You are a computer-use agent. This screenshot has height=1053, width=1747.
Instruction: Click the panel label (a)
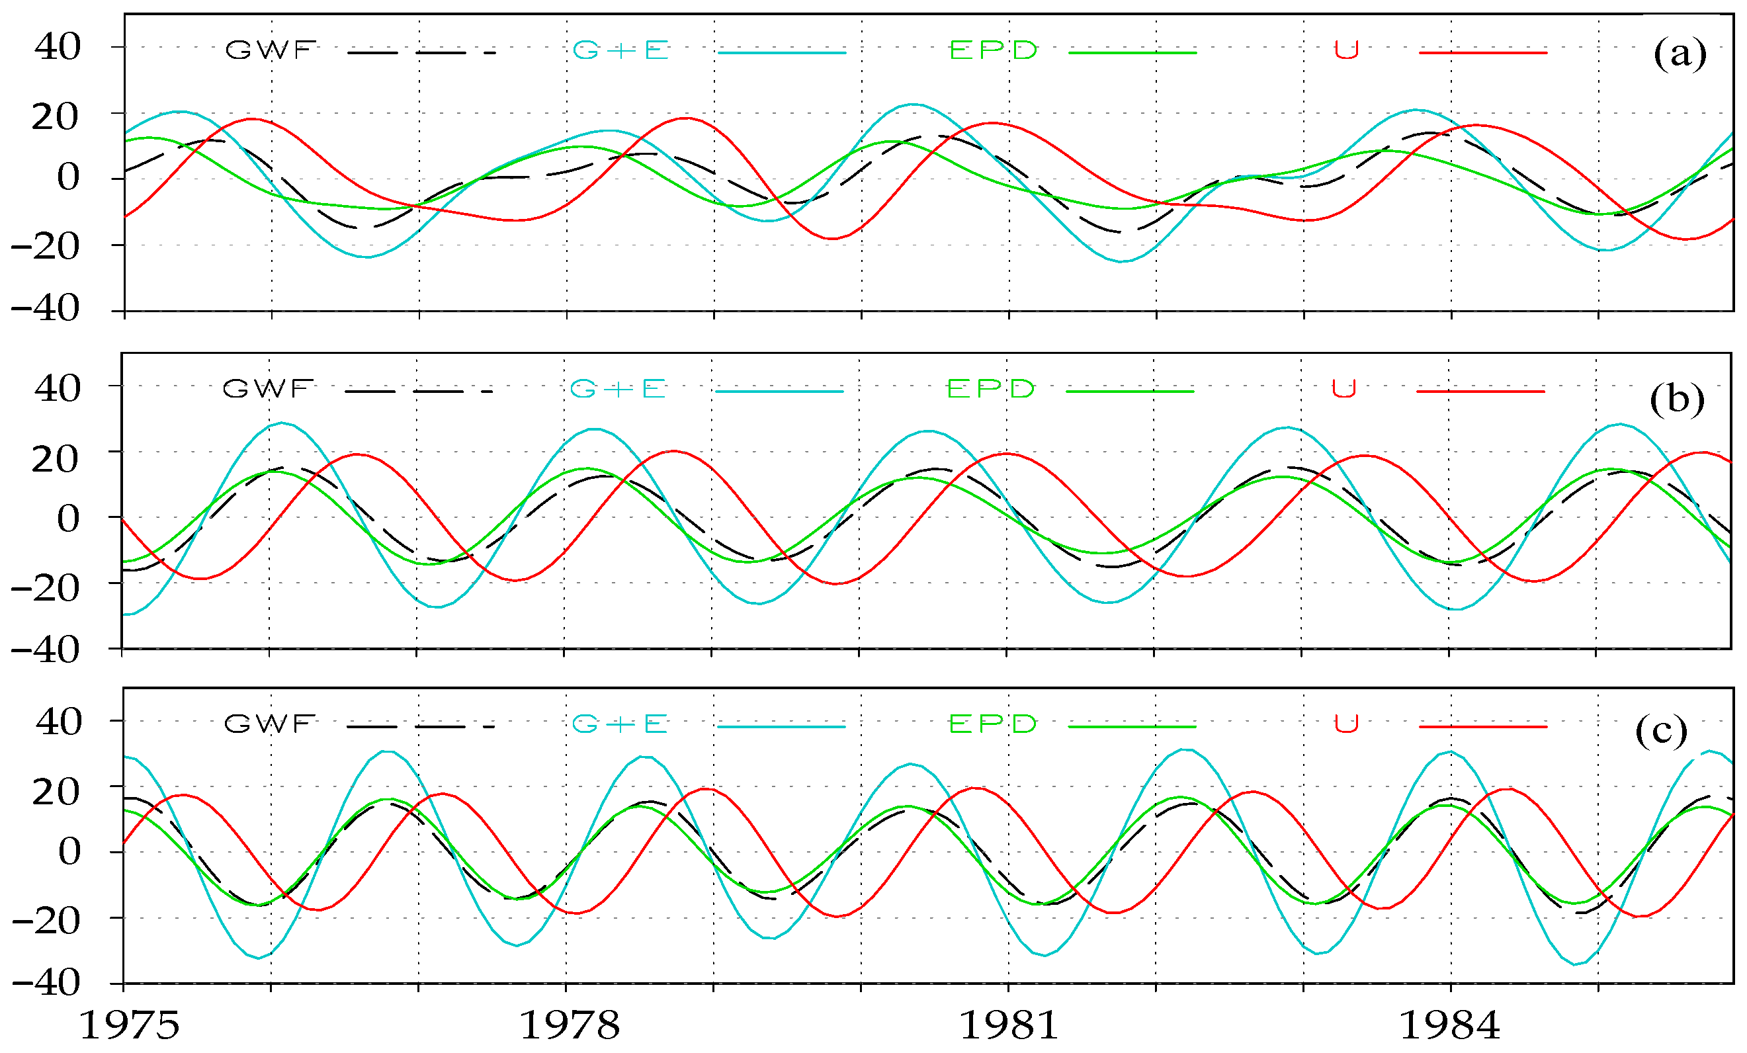click(1680, 54)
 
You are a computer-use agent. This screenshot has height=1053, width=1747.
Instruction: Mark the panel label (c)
click(1661, 730)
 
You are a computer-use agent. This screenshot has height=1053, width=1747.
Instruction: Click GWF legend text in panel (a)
click(270, 50)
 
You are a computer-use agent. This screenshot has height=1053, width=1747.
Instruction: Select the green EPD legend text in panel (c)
click(993, 724)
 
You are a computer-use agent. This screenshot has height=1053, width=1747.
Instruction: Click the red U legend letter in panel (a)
click(1345, 50)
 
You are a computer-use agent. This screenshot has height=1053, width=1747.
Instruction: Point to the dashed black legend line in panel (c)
click(420, 727)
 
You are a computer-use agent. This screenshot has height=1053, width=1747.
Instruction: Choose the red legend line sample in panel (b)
click(1480, 392)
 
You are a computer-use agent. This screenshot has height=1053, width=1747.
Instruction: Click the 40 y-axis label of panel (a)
click(58, 48)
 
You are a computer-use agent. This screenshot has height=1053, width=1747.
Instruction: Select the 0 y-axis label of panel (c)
click(69, 852)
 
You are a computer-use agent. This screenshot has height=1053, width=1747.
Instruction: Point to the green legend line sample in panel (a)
click(1132, 52)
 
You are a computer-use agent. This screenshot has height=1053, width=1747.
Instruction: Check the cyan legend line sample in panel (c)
click(781, 727)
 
